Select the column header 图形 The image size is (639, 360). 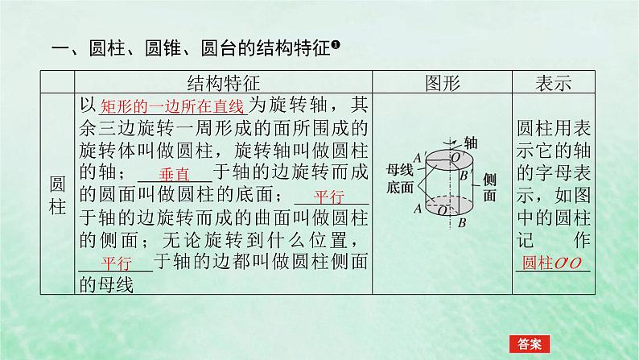tap(442, 82)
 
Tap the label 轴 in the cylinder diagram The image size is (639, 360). tap(470, 142)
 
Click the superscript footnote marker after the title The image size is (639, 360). tap(336, 46)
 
